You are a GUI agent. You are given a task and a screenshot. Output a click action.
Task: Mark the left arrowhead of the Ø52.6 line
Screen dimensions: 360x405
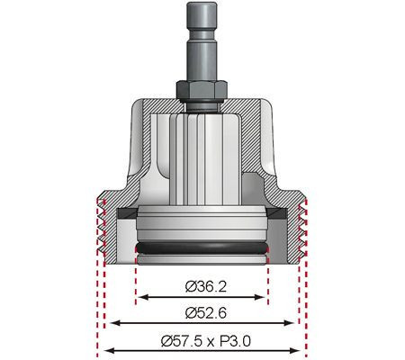(110, 324)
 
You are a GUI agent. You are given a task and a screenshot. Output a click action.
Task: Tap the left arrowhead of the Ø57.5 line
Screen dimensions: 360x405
(102, 351)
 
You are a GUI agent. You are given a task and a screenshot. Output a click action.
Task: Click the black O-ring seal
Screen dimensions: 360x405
(202, 247)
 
